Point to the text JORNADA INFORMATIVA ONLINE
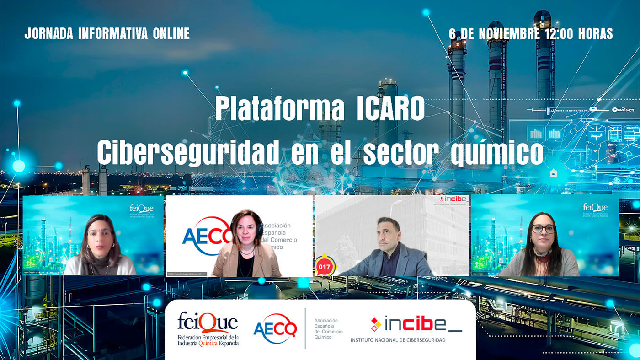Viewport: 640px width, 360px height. [x=107, y=33]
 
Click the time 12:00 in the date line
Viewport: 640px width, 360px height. [x=555, y=33]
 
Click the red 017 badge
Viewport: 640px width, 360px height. [x=325, y=266]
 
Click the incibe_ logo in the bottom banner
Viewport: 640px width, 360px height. [x=416, y=324]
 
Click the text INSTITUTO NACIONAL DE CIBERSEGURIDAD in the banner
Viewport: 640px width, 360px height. [x=398, y=340]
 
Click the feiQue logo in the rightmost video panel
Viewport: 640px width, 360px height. [x=595, y=208]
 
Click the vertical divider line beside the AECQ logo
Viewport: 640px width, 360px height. [x=305, y=328]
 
